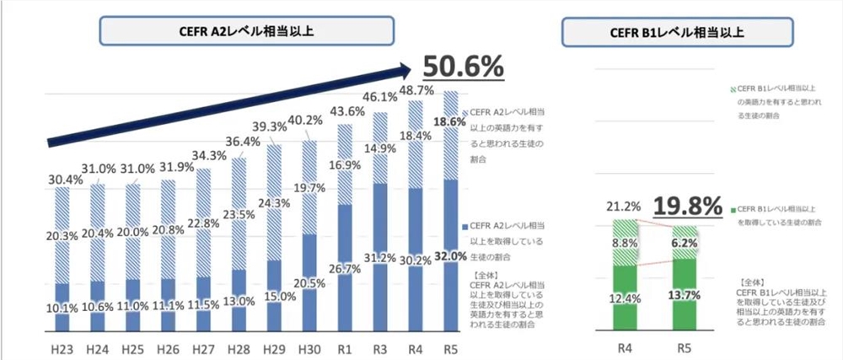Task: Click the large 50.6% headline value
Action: click(463, 66)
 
